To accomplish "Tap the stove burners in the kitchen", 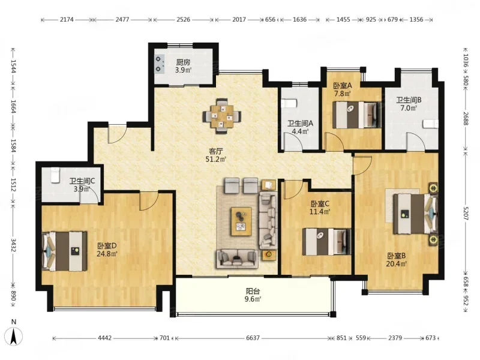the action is click(x=158, y=64).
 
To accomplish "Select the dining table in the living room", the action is click(x=222, y=116).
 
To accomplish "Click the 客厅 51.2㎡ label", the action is click(x=216, y=155).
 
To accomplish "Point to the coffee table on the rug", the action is click(x=242, y=221).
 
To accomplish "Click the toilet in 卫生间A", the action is click(x=290, y=103).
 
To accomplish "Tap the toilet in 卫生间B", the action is click(x=430, y=124).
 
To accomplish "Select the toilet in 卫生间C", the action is click(x=55, y=175).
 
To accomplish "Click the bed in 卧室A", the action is click(x=357, y=115).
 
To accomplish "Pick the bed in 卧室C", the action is click(x=326, y=242).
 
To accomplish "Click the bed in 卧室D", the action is click(x=65, y=251).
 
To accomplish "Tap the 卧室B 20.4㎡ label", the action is click(x=396, y=260).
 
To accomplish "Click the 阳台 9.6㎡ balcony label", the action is click(x=253, y=295).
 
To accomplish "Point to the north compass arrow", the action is click(x=14, y=337).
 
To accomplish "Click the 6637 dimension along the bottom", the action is click(x=253, y=338).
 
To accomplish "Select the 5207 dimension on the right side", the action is click(x=466, y=212).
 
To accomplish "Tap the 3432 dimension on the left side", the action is click(x=13, y=245).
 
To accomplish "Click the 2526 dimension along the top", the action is click(x=183, y=20).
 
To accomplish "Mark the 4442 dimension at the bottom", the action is click(x=104, y=338).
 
